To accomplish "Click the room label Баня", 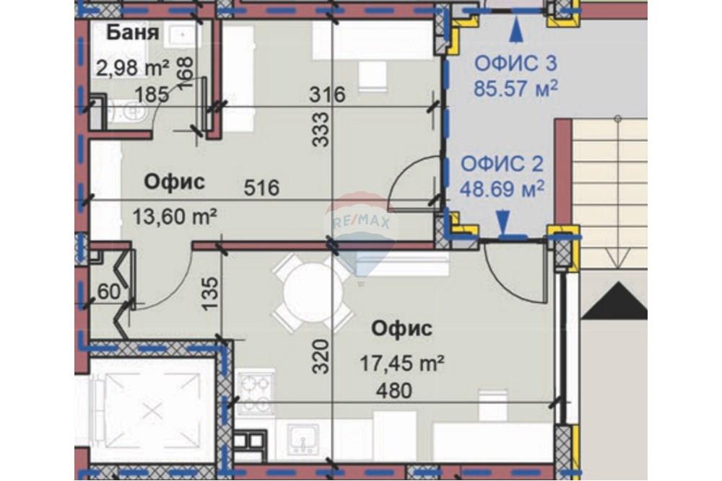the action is tap(133, 32).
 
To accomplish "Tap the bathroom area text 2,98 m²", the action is tap(133, 68).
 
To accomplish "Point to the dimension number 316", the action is tap(327, 94).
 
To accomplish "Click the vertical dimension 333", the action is tap(321, 130).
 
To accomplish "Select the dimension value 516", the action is tap(261, 187).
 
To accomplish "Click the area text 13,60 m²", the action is tap(175, 216).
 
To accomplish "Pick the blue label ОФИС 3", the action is tap(516, 63).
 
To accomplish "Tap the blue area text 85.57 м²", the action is tap(516, 88).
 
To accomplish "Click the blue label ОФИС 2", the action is tap(503, 164).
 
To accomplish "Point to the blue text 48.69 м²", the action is tap(503, 188).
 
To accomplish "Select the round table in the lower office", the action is tap(313, 293).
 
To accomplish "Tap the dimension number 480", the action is tap(394, 391).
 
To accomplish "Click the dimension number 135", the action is tap(210, 294).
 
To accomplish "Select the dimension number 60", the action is tap(109, 291).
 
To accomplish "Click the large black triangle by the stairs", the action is tap(614, 301).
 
